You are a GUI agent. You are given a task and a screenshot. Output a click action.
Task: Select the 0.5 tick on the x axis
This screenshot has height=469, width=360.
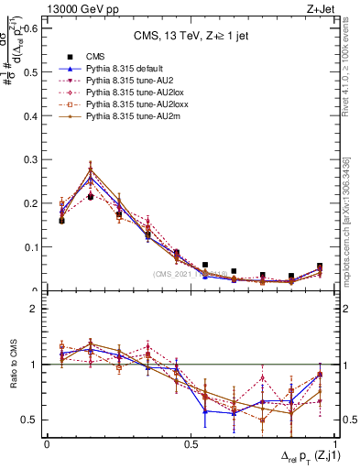[191, 443]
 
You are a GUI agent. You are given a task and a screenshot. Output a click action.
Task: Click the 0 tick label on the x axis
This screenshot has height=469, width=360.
[47, 443]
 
